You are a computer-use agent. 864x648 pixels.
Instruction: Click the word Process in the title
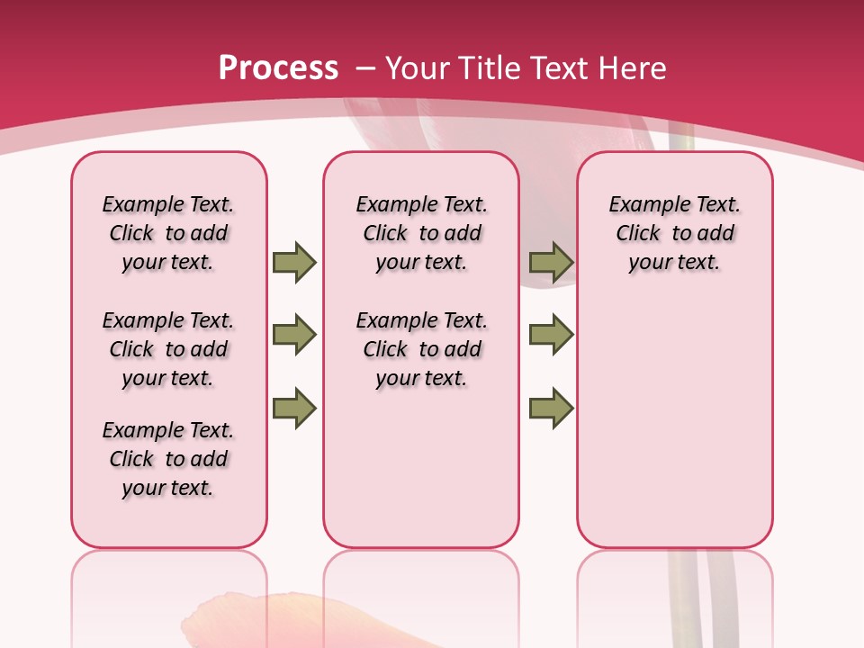pyautogui.click(x=278, y=68)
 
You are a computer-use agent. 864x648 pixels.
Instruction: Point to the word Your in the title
pyautogui.click(x=418, y=68)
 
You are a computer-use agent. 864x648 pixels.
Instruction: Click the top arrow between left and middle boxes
pyautogui.click(x=294, y=263)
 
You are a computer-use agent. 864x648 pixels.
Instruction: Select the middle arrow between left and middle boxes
pyautogui.click(x=294, y=336)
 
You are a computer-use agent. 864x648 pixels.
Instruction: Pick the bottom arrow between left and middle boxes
pyautogui.click(x=294, y=409)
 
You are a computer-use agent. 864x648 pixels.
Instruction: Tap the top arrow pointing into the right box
pyautogui.click(x=551, y=263)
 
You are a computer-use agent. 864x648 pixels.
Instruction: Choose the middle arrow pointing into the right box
pyautogui.click(x=551, y=336)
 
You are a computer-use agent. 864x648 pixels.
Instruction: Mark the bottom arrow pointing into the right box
pyautogui.click(x=551, y=409)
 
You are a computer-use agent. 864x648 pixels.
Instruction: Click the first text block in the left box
pyautogui.click(x=168, y=233)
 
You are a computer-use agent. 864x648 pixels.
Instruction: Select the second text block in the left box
pyautogui.click(x=168, y=349)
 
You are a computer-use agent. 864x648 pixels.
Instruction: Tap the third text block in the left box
pyautogui.click(x=168, y=459)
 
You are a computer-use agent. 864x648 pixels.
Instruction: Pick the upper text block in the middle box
pyautogui.click(x=421, y=233)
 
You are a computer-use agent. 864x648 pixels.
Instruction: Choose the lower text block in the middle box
pyautogui.click(x=421, y=349)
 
